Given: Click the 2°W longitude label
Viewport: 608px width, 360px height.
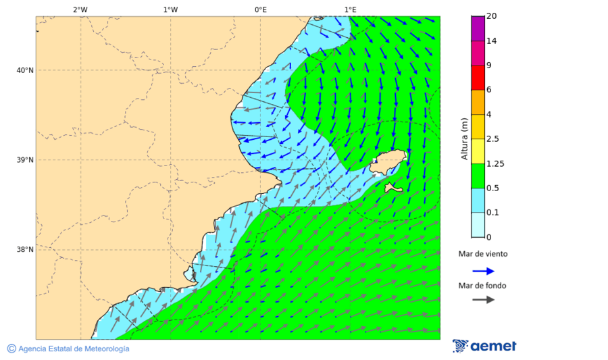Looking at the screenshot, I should click(80, 9).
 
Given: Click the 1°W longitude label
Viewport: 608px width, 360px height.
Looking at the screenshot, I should click(170, 9).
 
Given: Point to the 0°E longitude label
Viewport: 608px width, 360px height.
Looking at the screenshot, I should click(260, 9).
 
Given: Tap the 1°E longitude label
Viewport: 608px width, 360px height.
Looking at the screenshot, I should click(350, 9).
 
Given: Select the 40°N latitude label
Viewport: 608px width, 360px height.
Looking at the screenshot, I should click(24, 70).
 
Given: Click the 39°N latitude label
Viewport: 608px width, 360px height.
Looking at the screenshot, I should click(24, 160).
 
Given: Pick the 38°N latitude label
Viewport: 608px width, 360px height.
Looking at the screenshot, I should click(24, 250).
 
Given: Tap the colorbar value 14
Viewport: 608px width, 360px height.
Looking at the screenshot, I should click(491, 41).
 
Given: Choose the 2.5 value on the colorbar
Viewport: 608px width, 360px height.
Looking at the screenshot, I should click(493, 139).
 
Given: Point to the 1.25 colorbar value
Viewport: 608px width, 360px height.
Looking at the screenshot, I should click(495, 163).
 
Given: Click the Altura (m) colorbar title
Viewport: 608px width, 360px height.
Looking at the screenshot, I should click(464, 138).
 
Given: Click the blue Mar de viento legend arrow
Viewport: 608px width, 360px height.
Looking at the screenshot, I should click(483, 271).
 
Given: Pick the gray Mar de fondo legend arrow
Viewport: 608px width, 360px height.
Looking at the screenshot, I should click(483, 300).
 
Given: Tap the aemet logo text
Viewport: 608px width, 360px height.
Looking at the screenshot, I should click(493, 346).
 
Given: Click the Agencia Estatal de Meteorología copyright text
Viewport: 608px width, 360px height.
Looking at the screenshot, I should click(72, 349).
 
